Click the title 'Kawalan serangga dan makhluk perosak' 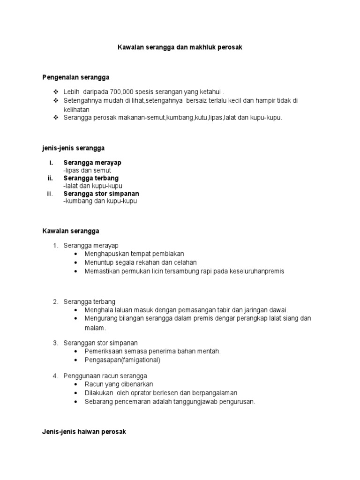(x=180, y=48)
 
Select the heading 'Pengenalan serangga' (x=76, y=77)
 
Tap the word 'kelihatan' (x=77, y=109)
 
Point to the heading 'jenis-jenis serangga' (x=74, y=148)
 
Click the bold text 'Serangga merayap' (x=92, y=163)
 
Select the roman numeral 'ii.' (x=50, y=178)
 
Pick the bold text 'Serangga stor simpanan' (x=101, y=194)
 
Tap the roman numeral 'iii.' (x=50, y=194)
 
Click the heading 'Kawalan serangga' (x=71, y=231)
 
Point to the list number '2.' (x=55, y=301)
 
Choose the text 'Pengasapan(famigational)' (x=122, y=360)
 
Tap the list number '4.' (x=55, y=376)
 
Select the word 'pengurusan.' (x=238, y=402)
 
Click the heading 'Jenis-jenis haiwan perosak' (x=84, y=432)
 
